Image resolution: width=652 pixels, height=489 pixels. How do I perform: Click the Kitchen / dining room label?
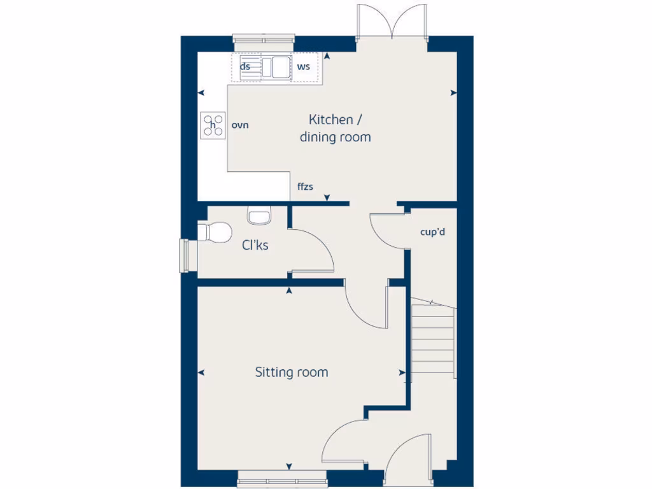335,128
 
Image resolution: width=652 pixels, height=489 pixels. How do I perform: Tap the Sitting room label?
292,372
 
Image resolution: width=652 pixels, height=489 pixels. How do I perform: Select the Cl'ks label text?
254,244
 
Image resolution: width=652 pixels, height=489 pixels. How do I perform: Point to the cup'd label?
432,232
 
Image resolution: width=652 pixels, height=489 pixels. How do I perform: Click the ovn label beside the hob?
240,125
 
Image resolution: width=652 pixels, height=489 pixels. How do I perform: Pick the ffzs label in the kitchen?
305,187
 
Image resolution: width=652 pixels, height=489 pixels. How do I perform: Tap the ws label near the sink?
303,66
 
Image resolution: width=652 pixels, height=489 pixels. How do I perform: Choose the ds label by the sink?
244,66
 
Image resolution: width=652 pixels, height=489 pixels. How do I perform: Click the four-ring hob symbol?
213,125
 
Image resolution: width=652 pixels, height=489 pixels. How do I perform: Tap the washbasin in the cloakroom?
259,216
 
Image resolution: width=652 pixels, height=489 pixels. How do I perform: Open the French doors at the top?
392,22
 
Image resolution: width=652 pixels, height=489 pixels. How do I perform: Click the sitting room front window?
281,479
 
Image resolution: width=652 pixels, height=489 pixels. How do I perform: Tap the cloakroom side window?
185,255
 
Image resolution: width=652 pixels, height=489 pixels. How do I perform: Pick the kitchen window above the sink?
264,40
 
